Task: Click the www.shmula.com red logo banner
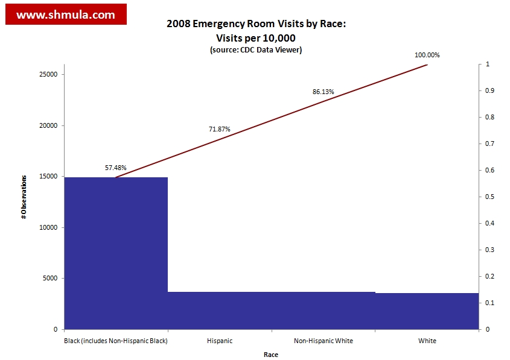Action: tap(66, 14)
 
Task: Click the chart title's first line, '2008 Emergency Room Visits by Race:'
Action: tap(256, 25)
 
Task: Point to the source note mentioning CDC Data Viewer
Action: tap(256, 50)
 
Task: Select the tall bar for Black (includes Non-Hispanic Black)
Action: tap(116, 253)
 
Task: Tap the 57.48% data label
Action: tap(116, 168)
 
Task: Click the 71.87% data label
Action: tap(220, 129)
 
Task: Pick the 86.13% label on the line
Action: tap(324, 92)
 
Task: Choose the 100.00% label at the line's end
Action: tap(427, 55)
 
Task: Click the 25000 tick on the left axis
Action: tap(47, 74)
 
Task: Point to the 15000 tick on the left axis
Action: tap(47, 177)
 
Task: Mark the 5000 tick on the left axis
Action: tap(49, 279)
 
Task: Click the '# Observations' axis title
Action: tap(24, 197)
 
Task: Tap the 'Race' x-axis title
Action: tap(271, 355)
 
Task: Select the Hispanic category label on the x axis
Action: tap(220, 341)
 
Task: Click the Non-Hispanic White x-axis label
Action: tap(324, 341)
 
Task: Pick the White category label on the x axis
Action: tap(427, 341)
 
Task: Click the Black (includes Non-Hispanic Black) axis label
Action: tap(116, 341)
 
